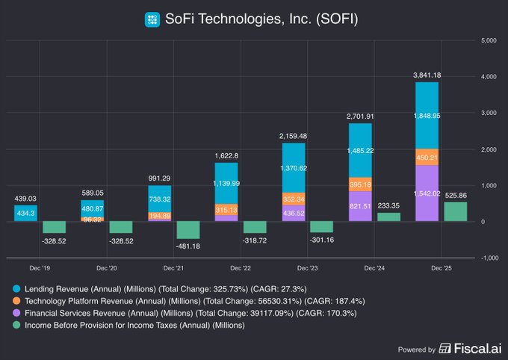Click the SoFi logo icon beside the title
(x=152, y=19)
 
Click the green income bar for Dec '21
(x=188, y=230)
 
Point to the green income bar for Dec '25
(x=456, y=211)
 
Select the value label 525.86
(x=456, y=195)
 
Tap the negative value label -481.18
(x=188, y=246)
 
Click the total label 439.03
(x=26, y=198)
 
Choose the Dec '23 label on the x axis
(x=308, y=267)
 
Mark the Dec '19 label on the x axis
(x=41, y=267)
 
